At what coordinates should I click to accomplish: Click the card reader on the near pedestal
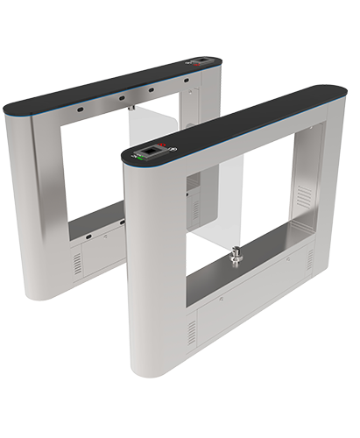pos(153,151)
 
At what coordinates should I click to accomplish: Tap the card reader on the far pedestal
pos(201,63)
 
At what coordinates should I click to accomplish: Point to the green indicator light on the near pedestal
pos(138,157)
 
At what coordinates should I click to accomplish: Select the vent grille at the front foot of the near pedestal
pos(191,332)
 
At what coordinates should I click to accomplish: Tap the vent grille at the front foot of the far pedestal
pos(76,262)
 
